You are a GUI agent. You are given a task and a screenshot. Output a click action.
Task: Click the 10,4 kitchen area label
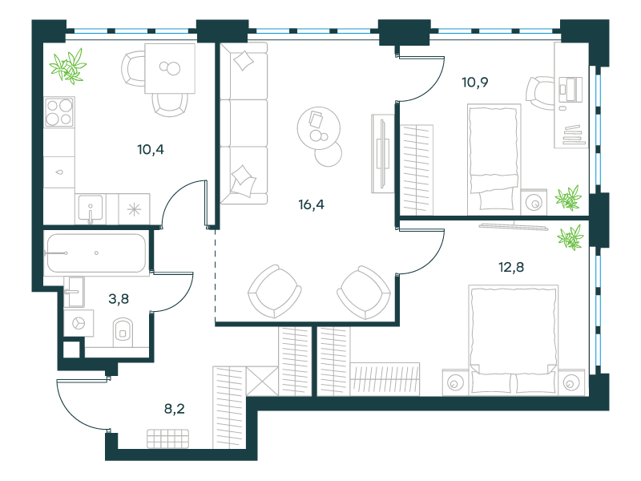point(151,150)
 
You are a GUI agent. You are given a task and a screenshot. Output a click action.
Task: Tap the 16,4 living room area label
point(311,204)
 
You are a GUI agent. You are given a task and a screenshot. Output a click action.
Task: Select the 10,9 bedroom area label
point(474,83)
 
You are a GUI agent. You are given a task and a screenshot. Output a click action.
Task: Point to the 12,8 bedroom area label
point(511,267)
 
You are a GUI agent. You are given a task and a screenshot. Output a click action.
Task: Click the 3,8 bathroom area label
point(119,299)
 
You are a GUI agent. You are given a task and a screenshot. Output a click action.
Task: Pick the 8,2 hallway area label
point(175,409)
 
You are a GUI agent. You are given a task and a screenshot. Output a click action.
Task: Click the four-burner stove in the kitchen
point(59,111)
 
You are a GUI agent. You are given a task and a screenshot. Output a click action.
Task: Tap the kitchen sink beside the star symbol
point(91,209)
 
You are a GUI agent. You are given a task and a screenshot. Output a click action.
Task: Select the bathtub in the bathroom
point(96,253)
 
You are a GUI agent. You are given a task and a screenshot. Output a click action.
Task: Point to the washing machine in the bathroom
point(79,323)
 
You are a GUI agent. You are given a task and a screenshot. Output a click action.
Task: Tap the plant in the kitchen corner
point(68,67)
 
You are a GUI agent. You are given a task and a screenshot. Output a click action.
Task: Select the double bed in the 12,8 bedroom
point(513,339)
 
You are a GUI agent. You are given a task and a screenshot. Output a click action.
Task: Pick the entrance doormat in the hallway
point(168,439)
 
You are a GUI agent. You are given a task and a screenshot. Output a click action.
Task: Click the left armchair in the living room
point(275,291)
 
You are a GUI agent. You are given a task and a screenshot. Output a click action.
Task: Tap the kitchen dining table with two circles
point(170,68)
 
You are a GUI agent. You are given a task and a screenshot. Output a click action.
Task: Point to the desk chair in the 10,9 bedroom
point(540,93)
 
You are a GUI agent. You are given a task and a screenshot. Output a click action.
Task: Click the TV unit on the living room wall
point(383,153)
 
